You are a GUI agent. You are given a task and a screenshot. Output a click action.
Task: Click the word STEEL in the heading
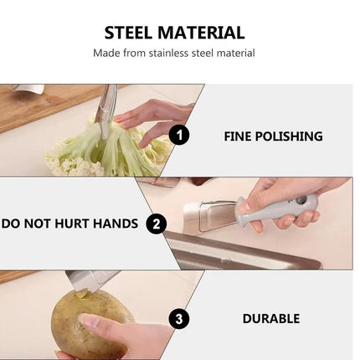pos(128,33)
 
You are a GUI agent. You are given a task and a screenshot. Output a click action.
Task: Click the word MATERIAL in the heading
pos(201,33)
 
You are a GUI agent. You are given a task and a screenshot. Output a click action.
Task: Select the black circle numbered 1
pos(179,135)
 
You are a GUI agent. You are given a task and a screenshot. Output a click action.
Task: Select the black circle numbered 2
pos(157,224)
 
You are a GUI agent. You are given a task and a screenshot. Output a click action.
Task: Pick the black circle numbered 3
pos(179,319)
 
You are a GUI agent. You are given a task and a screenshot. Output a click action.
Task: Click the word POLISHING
pos(289,136)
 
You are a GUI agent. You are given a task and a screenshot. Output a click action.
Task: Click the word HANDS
pos(115,224)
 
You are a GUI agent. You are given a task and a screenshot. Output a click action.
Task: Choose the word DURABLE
pos(271,319)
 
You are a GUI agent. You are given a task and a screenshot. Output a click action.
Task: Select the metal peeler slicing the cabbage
pos(107,111)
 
